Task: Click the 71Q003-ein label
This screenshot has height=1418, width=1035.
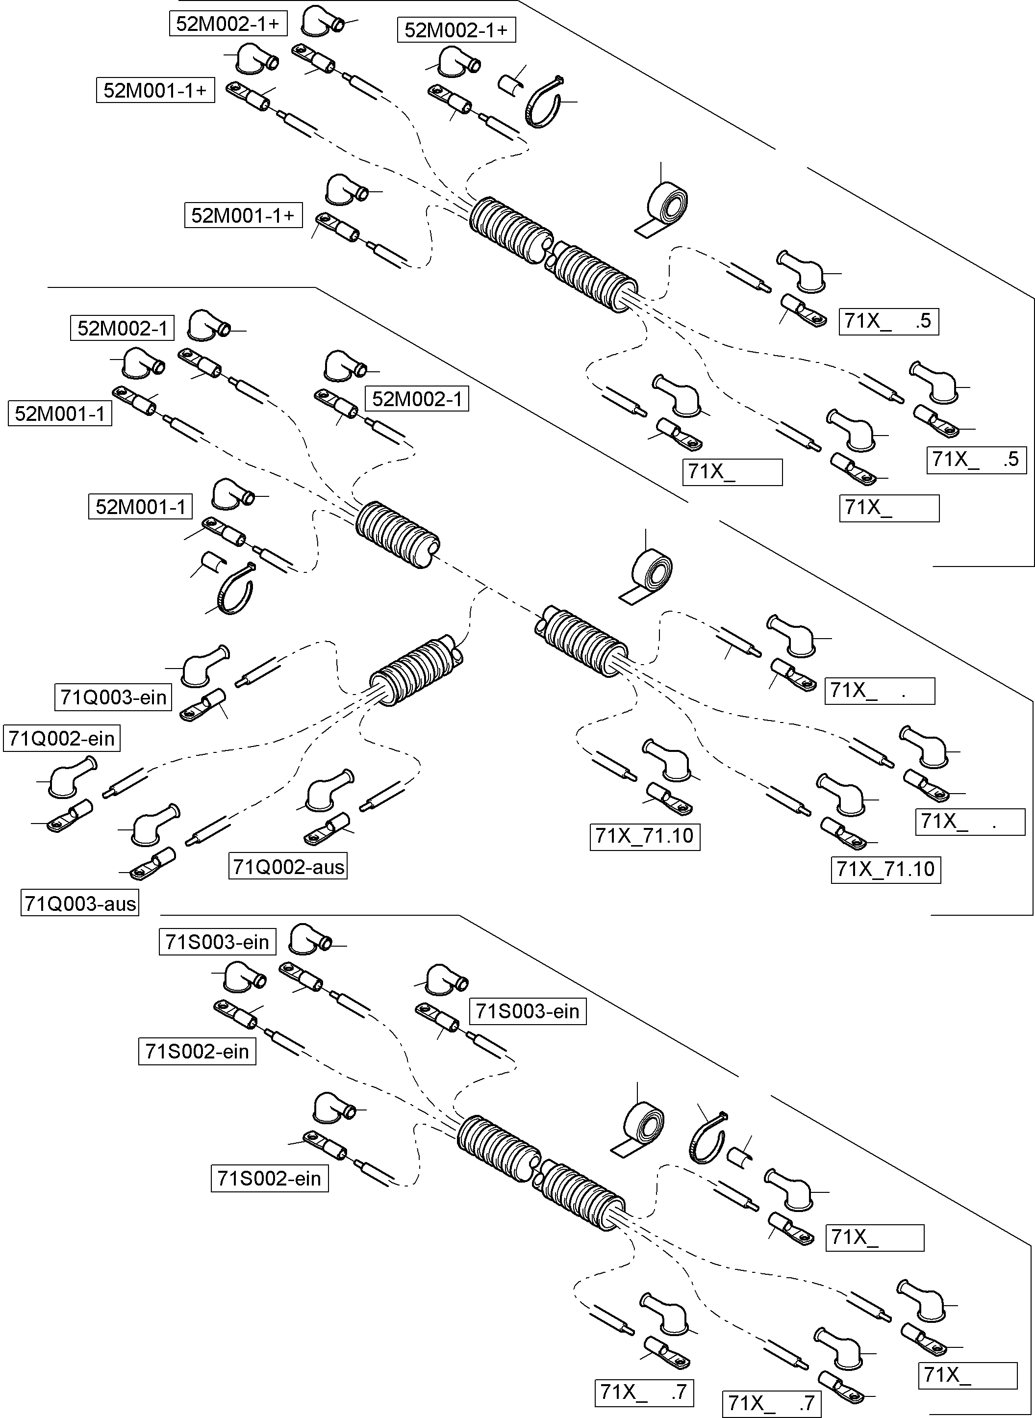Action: pos(113,697)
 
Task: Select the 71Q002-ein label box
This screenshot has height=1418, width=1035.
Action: pos(61,738)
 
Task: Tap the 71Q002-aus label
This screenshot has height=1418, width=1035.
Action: pos(288,867)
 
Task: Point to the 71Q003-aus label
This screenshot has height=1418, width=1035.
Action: pos(79,903)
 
